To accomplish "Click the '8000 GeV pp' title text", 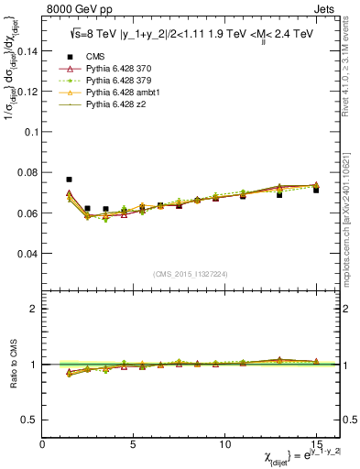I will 75,8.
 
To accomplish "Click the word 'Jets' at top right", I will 326,8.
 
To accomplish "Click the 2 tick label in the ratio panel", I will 34,309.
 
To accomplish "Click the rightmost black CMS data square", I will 316,190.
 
